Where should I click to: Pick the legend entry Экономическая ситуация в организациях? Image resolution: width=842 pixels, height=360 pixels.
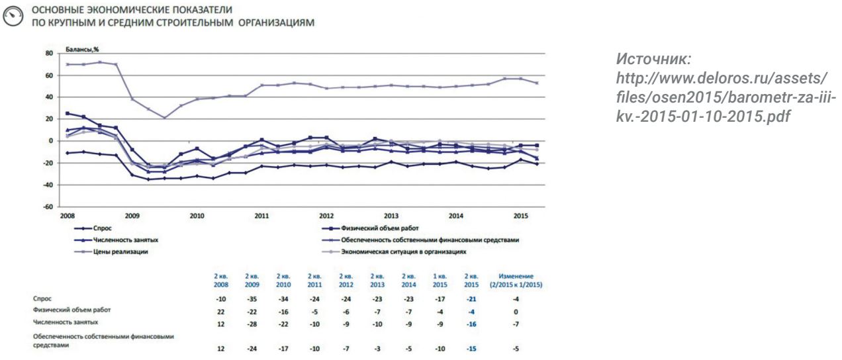[404, 251]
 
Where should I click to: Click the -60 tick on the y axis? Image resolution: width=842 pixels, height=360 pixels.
[47, 207]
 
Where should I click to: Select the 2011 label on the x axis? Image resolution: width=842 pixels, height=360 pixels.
[261, 216]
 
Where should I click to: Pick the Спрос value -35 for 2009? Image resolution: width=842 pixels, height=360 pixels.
[252, 299]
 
